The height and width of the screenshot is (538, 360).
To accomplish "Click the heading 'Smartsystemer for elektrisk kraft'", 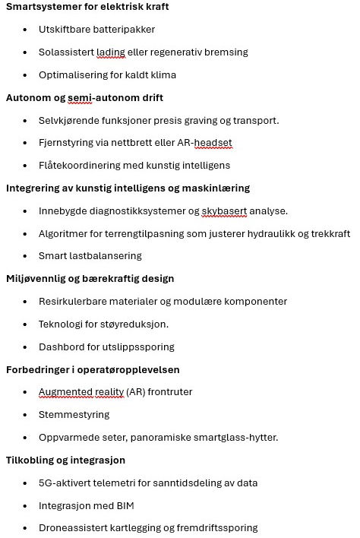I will tap(87, 7).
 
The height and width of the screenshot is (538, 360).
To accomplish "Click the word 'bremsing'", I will tap(226, 52).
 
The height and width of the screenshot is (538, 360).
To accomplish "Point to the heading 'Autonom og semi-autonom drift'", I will tap(84, 98).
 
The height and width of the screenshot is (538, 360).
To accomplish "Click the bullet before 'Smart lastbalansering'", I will tap(25, 256).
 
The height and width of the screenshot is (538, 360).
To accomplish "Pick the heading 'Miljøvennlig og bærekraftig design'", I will tap(90, 279).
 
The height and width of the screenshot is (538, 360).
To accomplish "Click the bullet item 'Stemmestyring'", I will tap(74, 415).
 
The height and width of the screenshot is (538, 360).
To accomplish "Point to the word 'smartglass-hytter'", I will tap(233, 438).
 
